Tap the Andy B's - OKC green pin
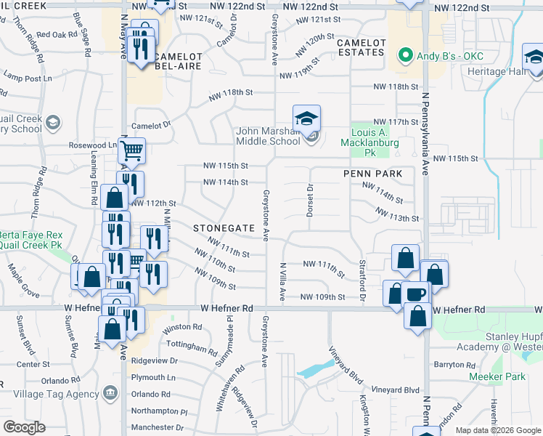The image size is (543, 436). pyautogui.click(x=404, y=55)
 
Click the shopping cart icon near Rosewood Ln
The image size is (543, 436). pyautogui.click(x=131, y=151)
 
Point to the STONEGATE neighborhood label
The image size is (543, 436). pyautogui.click(x=224, y=228)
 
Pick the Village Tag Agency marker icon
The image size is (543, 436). pyautogui.click(x=110, y=392)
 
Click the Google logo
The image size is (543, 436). pyautogui.click(x=24, y=427)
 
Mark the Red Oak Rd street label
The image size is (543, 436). pyautogui.click(x=57, y=34)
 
